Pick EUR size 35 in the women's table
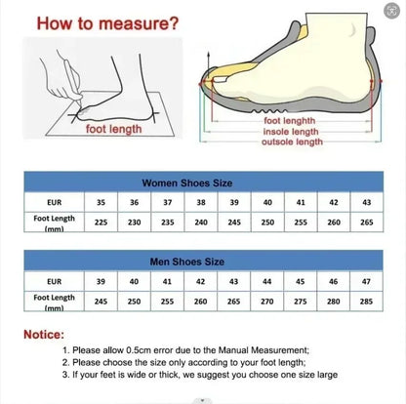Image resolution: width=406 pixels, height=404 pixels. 101,202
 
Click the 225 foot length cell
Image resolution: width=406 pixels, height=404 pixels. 101,222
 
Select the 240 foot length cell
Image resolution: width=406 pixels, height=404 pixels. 201,222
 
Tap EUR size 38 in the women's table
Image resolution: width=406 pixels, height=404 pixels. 201,202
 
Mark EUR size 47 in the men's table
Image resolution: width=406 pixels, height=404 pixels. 366,281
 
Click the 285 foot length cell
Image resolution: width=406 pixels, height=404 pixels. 366,301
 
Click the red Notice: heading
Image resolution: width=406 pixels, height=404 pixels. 50,335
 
